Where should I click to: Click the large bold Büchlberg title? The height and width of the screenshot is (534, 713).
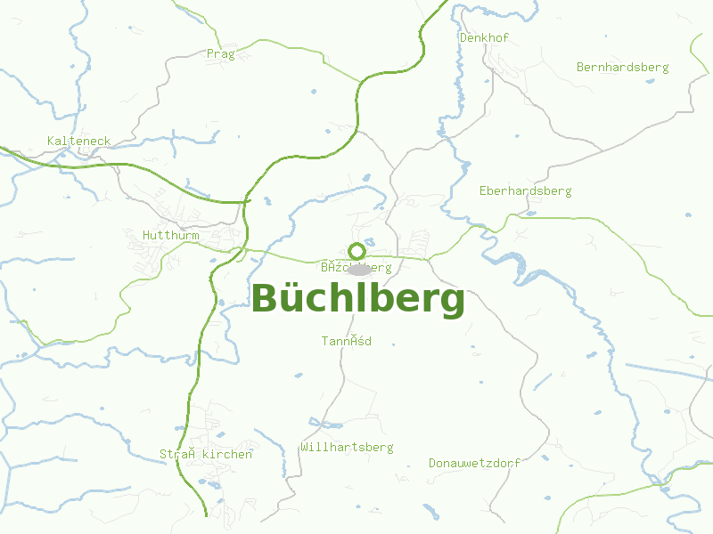[358, 300]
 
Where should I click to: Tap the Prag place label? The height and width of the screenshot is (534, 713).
[220, 54]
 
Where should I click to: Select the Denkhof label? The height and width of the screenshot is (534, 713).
[484, 38]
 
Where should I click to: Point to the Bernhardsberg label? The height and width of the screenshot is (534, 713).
[622, 67]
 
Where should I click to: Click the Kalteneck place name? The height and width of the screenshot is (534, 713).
[78, 142]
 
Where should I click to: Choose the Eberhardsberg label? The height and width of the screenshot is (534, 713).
[525, 191]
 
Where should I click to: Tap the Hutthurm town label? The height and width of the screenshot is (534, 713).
[170, 236]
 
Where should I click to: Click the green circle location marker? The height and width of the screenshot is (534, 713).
[356, 251]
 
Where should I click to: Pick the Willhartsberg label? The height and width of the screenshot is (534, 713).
[347, 447]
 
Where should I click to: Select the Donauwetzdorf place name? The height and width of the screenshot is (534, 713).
[474, 464]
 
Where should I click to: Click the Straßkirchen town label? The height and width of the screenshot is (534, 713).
[206, 454]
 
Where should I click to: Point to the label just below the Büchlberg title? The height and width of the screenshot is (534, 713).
[346, 341]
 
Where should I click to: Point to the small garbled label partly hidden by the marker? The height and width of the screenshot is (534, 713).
[334, 267]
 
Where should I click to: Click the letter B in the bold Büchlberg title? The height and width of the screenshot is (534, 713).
[266, 300]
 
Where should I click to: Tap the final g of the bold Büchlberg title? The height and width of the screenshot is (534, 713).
[452, 303]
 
